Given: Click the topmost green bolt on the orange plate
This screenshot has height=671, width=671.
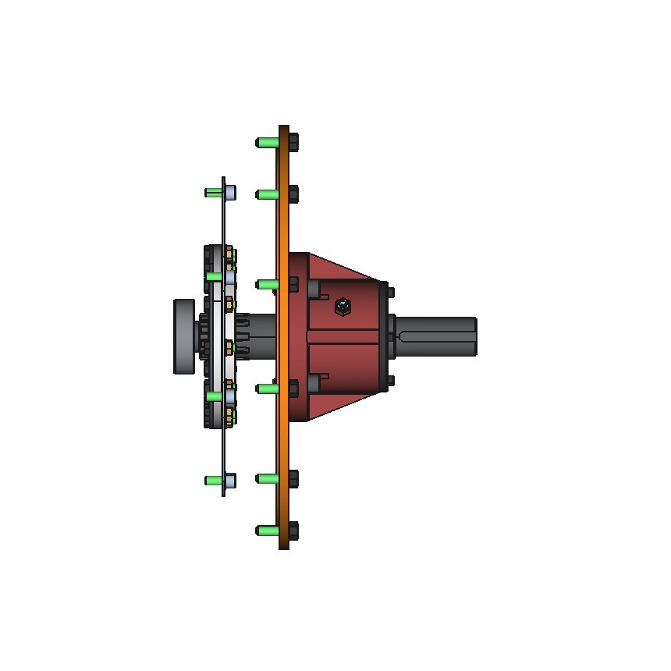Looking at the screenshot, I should (x=266, y=142).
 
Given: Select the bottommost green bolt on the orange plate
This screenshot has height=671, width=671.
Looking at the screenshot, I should (x=266, y=531).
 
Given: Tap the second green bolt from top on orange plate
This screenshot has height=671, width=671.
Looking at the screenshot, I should (x=266, y=194).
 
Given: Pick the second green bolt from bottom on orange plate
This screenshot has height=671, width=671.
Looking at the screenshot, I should (x=266, y=479).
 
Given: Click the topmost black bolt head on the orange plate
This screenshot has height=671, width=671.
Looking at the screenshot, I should (x=293, y=142).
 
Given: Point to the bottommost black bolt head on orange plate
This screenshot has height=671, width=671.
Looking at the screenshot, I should (x=293, y=531).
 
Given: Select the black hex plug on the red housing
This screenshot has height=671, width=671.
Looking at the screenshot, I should (x=342, y=307).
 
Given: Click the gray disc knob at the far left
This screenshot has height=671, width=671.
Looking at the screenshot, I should (x=183, y=336).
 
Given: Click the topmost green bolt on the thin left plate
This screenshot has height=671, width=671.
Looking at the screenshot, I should (x=212, y=193).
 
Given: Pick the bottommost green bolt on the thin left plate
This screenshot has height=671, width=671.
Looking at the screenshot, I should (x=212, y=480).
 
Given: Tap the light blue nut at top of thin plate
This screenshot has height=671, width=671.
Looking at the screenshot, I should (x=231, y=193).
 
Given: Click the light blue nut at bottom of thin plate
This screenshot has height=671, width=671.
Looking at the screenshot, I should (x=231, y=480).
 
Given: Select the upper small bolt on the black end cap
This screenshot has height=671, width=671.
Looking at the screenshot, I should (x=391, y=292).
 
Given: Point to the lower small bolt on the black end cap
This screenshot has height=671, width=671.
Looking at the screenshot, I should (x=391, y=381).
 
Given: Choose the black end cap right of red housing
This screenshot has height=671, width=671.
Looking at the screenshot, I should (x=384, y=336).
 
